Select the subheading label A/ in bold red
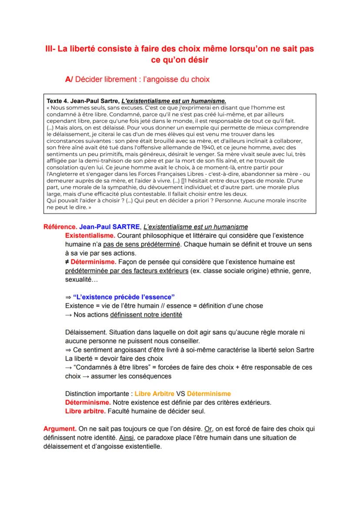pos(69,79)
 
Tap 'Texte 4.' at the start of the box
pos(59,100)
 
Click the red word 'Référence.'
pos(60,227)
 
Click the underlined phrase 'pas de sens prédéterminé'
pos(141,244)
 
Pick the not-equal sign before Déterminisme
pos(67,262)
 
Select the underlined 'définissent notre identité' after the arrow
pos(146,314)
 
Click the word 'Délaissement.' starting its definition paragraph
pos(83,332)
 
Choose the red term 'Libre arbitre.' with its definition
pos(85,411)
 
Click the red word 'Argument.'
pos(60,429)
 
